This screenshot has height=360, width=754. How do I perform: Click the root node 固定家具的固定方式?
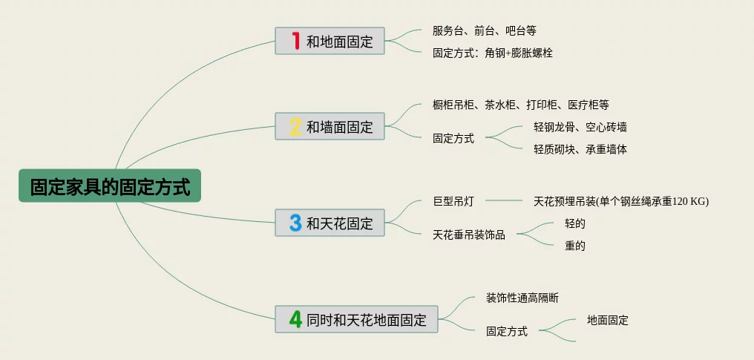[x=110, y=186]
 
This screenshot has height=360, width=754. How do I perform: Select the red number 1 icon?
[x=295, y=41]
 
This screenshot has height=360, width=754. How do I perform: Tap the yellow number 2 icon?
[x=295, y=126]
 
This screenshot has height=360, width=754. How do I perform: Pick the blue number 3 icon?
[x=295, y=223]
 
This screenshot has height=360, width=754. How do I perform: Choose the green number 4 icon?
[x=295, y=319]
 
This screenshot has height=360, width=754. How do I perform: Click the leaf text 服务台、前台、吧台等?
[x=484, y=30]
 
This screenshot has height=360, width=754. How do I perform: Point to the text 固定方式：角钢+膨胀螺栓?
[x=492, y=53]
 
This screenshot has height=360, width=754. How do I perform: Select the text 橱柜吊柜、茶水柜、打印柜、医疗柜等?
[x=520, y=105]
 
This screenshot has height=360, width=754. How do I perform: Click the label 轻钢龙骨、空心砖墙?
[x=580, y=127]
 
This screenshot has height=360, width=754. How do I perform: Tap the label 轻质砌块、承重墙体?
[x=580, y=149]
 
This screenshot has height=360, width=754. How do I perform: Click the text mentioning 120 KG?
[x=620, y=200]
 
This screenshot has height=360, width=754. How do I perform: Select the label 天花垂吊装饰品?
[x=468, y=235]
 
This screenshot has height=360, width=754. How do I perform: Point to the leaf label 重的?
[x=574, y=246]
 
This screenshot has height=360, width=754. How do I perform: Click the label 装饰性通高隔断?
[x=522, y=298]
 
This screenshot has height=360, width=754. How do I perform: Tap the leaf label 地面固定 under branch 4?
[x=607, y=320]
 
